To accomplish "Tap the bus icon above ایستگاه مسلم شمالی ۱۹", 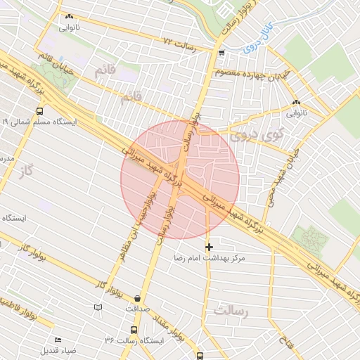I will [39, 110].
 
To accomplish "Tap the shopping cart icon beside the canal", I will [222, 52].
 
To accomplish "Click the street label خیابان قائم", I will [54, 60].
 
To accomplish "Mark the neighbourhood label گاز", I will [27, 171].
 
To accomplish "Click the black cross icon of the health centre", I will [209, 247].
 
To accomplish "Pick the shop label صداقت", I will [138, 308].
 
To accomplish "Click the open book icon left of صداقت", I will [98, 307].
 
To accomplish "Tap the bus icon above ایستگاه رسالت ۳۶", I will [134, 329].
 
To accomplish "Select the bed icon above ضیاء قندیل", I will [58, 340].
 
